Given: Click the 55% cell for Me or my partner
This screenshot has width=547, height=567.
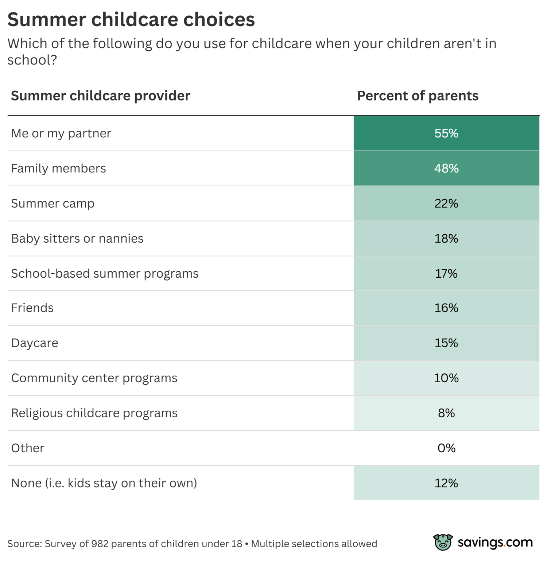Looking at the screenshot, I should tap(446, 133).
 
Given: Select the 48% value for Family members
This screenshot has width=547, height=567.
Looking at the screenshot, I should tap(446, 168).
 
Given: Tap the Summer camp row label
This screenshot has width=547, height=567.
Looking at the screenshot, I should tap(53, 203).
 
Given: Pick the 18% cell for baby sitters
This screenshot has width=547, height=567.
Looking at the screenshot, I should tap(446, 238).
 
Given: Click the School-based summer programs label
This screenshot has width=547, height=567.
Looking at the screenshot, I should tap(105, 273).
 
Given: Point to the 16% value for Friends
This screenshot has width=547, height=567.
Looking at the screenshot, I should tap(446, 308).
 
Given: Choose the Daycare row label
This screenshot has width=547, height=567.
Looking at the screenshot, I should tap(35, 343).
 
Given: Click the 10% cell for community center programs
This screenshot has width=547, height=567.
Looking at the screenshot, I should tap(446, 378).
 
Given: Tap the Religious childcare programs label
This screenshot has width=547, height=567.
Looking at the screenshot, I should tap(94, 413).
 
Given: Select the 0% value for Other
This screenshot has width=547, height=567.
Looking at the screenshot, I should tap(446, 448).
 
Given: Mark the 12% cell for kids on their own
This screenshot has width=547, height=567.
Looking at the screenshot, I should tap(446, 483).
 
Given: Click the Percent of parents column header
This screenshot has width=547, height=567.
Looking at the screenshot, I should tap(418, 96).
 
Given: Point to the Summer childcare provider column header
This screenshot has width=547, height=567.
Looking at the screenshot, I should tap(101, 96).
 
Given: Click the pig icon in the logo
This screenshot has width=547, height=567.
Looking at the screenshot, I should tap(443, 542).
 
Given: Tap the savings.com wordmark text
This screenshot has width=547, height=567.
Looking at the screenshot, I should tap(495, 543).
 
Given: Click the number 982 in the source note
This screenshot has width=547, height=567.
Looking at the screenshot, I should tap(100, 544).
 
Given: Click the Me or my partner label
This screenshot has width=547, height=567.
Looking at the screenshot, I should tap(61, 133).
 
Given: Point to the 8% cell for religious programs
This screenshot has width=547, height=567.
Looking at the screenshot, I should tap(446, 413).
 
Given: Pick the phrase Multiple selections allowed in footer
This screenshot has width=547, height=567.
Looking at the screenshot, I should tap(314, 544).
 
